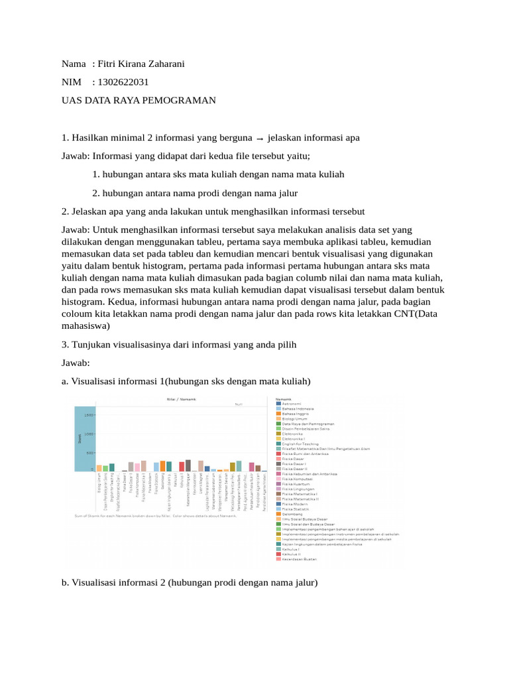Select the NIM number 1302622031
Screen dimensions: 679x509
click(x=123, y=82)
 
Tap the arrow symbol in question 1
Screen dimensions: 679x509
click(x=260, y=138)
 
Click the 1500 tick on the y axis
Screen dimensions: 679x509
click(x=89, y=414)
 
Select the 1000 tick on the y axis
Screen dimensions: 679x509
click(x=89, y=434)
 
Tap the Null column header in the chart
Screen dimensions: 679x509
click(x=239, y=404)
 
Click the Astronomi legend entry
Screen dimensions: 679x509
click(x=292, y=404)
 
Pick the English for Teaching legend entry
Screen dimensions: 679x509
click(x=300, y=444)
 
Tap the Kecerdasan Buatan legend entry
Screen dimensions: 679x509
click(x=299, y=559)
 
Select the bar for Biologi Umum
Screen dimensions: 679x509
click(x=99, y=467)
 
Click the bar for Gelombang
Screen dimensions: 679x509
click(x=163, y=465)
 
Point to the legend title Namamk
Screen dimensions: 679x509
click(x=284, y=399)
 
